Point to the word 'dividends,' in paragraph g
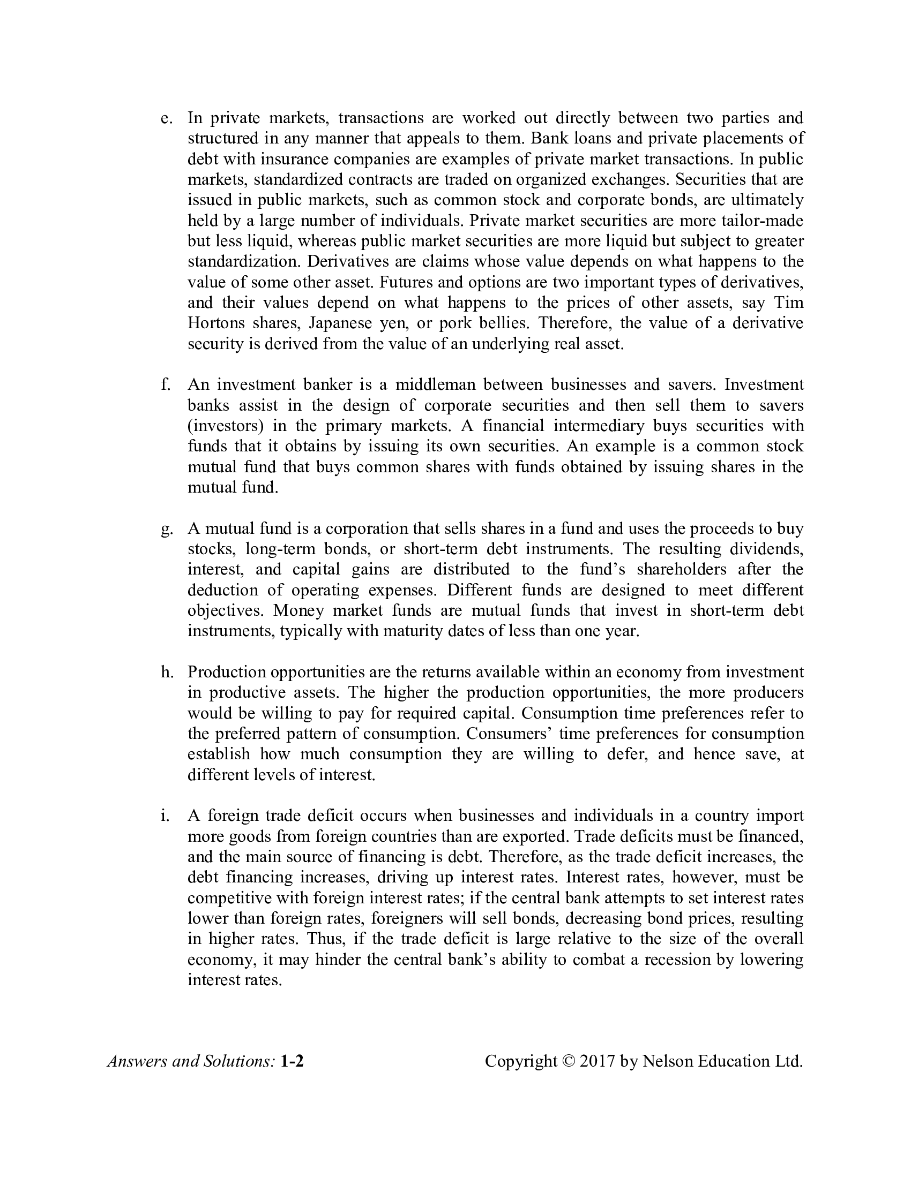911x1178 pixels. pyautogui.click(x=766, y=549)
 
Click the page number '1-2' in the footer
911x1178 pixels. pyautogui.click(x=292, y=1061)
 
